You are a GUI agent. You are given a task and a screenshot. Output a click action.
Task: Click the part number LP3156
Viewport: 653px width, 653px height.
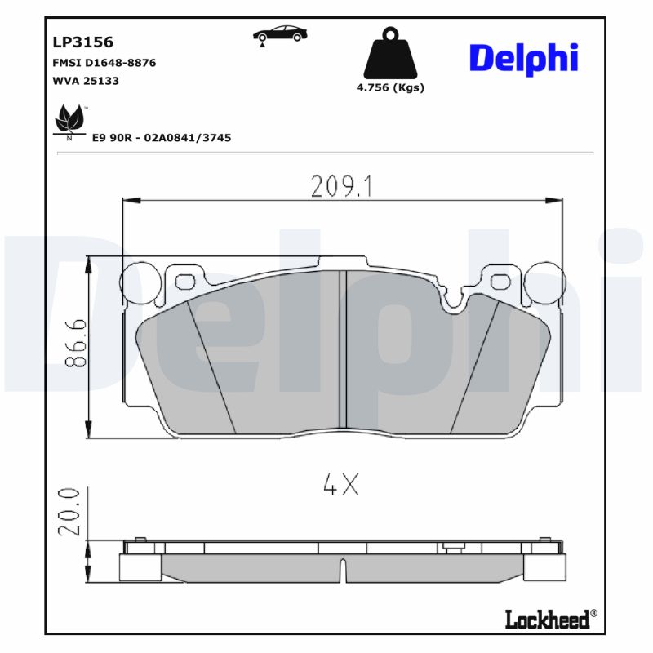82,42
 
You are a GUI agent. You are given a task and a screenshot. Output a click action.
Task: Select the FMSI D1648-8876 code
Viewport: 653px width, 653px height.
104,63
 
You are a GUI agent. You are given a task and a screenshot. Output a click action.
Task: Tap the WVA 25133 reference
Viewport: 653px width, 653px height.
86,81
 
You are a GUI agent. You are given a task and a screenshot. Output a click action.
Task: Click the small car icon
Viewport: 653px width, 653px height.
279,34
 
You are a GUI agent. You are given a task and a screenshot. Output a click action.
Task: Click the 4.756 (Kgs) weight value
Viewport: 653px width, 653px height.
390,88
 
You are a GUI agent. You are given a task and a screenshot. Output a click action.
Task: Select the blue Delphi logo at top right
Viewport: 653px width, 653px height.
523,58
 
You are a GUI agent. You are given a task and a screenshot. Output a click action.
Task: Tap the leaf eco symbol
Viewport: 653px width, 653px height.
69,122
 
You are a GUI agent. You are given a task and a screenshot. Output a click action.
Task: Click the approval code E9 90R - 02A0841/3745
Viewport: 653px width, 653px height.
161,138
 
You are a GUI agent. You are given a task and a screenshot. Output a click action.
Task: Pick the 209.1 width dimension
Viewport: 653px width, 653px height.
341,187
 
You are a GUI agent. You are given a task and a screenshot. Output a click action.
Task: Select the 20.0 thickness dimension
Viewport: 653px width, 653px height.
71,512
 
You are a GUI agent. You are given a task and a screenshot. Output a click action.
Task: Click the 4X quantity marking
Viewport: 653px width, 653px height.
341,486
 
